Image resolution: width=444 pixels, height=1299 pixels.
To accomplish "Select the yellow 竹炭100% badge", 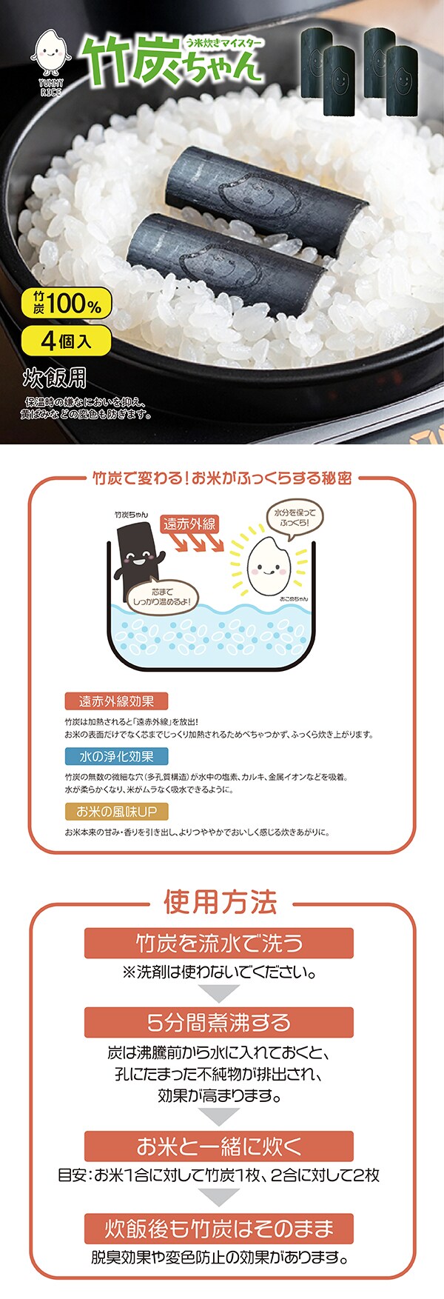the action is click(x=67, y=304).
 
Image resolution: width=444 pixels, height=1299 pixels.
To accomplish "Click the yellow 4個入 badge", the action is click(x=67, y=341).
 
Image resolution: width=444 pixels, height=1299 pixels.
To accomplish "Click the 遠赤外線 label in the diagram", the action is click(x=189, y=524).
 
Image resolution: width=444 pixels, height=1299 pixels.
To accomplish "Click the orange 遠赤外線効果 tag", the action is click(x=116, y=701).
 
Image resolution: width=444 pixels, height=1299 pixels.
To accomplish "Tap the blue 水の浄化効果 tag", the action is click(x=116, y=756).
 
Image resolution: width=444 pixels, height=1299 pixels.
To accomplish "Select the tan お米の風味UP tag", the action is click(x=116, y=812).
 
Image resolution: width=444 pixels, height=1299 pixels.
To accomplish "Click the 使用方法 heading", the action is click(x=221, y=902).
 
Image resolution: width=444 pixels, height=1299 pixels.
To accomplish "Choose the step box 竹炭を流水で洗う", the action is click(x=219, y=943).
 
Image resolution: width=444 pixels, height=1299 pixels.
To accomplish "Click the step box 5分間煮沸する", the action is click(x=219, y=1022).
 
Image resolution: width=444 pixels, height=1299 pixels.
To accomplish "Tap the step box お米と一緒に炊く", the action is click(x=219, y=1146).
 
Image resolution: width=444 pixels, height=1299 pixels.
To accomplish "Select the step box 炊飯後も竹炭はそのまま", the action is click(x=219, y=1229).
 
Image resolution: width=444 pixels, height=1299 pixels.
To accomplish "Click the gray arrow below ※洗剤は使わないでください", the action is click(x=220, y=993).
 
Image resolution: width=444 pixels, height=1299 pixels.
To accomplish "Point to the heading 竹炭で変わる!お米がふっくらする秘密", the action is click(x=222, y=478).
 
